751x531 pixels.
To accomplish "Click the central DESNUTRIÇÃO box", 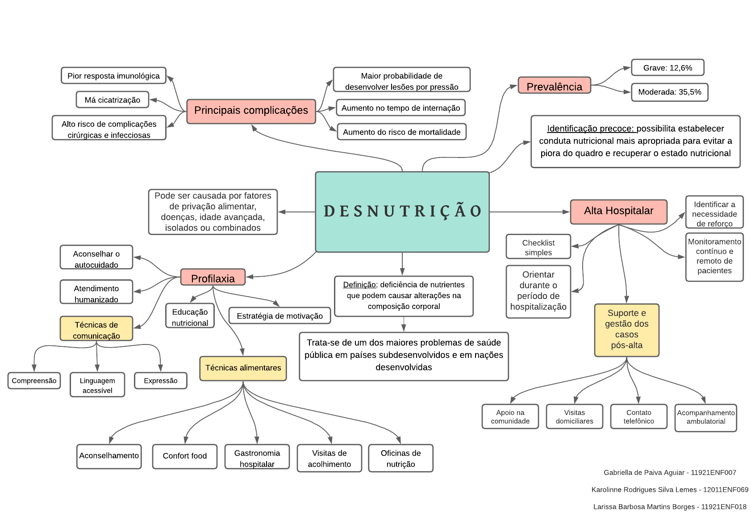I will click(x=402, y=212).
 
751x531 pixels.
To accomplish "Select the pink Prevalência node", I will click(x=554, y=86).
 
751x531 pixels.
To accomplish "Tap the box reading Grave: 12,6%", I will click(x=668, y=68).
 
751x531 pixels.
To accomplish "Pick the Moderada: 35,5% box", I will click(x=669, y=92).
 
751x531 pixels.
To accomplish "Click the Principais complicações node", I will click(x=251, y=111).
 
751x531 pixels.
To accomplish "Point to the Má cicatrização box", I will click(x=113, y=100).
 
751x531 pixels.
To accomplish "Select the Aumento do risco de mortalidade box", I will click(x=401, y=132).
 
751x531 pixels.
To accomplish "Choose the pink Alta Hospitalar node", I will click(x=618, y=211).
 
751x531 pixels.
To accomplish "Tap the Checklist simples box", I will click(x=538, y=247).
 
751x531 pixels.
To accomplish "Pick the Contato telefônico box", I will click(x=638, y=417).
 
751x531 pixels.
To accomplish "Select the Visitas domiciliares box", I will click(x=574, y=417).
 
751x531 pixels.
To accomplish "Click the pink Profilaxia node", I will click(x=213, y=278).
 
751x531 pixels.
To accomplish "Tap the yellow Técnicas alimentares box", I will click(x=243, y=368).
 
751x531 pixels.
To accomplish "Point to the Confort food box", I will click(x=184, y=456).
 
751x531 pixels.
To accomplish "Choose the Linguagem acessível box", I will click(x=97, y=385).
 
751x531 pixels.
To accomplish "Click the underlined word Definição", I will click(x=359, y=285).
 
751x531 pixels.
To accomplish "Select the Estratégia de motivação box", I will click(x=280, y=316).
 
